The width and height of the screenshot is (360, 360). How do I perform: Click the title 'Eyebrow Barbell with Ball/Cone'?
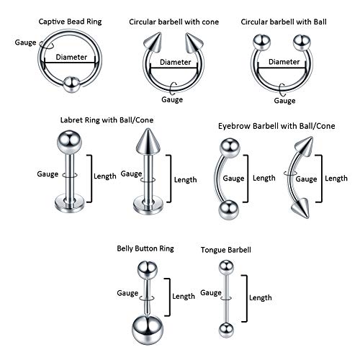pyautogui.click(x=271, y=125)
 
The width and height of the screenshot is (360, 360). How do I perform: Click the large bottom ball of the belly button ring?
pyautogui.click(x=143, y=329)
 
